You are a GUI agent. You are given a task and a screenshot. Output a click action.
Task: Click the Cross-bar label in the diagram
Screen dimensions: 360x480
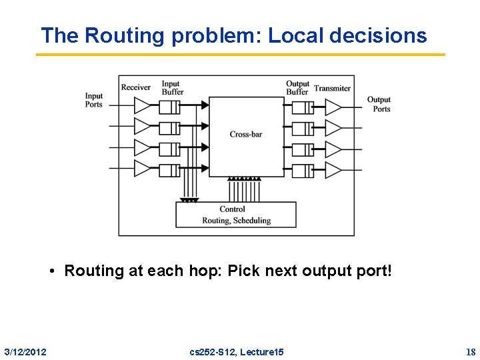pyautogui.click(x=246, y=135)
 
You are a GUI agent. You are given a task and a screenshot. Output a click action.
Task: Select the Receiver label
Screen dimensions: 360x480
pyautogui.click(x=136, y=87)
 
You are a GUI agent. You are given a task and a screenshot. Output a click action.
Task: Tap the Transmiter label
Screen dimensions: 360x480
pyautogui.click(x=332, y=88)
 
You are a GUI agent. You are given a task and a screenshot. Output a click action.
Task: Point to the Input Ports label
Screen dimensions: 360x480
pyautogui.click(x=94, y=100)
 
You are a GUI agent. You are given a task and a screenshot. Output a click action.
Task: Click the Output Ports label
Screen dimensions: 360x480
pyautogui.click(x=379, y=105)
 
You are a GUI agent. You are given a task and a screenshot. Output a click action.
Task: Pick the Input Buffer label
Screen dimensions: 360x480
pyautogui.click(x=171, y=88)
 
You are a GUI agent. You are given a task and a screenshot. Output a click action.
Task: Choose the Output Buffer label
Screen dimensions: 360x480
pyautogui.click(x=297, y=88)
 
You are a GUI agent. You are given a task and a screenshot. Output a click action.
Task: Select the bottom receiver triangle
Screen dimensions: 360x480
pyautogui.click(x=143, y=169)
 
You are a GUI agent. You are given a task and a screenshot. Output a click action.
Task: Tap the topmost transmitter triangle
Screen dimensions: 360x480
pyautogui.click(x=333, y=107)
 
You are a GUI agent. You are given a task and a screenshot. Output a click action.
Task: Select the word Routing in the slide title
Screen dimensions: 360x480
pyautogui.click(x=123, y=35)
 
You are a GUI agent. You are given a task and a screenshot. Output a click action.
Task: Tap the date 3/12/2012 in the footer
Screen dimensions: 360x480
pyautogui.click(x=25, y=351)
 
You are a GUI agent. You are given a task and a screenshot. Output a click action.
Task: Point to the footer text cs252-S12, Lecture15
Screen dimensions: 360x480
pyautogui.click(x=237, y=351)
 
